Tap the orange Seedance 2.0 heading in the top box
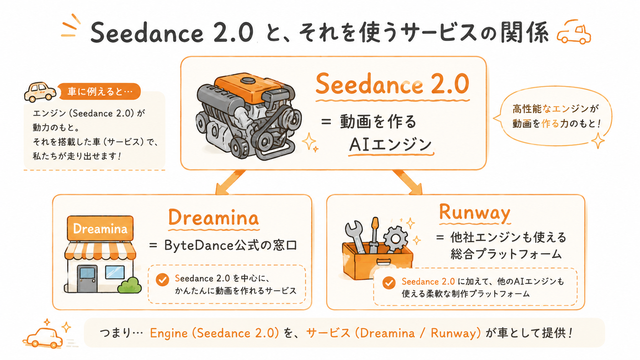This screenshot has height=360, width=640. (x=392, y=84)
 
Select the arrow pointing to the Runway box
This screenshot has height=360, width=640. (x=408, y=182)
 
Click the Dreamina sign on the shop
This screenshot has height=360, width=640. (x=100, y=229)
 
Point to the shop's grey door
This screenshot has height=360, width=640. (x=87, y=279)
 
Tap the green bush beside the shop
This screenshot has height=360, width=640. (x=130, y=285)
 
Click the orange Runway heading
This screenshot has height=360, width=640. (x=475, y=213)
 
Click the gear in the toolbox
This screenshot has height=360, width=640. (x=395, y=239)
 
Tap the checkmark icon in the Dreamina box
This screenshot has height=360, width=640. (x=162, y=280)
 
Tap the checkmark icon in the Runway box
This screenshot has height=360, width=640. (x=389, y=283)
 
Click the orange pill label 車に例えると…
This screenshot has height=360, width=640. (x=100, y=91)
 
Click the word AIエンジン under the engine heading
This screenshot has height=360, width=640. (x=390, y=145)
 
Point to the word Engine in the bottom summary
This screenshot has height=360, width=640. (x=168, y=333)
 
